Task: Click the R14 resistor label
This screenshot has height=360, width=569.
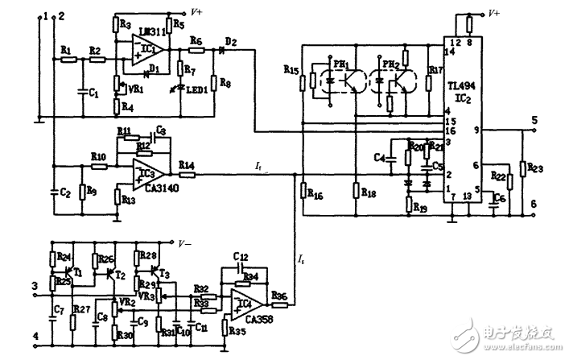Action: pyautogui.click(x=187, y=164)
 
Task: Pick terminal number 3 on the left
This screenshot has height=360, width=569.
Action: pyautogui.click(x=34, y=284)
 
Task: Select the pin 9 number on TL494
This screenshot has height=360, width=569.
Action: pyautogui.click(x=476, y=129)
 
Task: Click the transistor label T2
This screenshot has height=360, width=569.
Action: pyautogui.click(x=121, y=273)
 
